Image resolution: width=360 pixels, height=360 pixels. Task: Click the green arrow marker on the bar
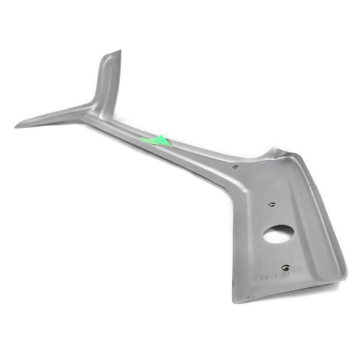click(x=157, y=140)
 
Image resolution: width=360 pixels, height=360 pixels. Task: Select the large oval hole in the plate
click(x=278, y=233)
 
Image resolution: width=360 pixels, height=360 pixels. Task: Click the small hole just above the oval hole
click(x=272, y=204)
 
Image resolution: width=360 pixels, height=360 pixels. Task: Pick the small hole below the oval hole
click(x=285, y=267)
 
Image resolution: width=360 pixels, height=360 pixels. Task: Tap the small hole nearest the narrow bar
click(x=235, y=167)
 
